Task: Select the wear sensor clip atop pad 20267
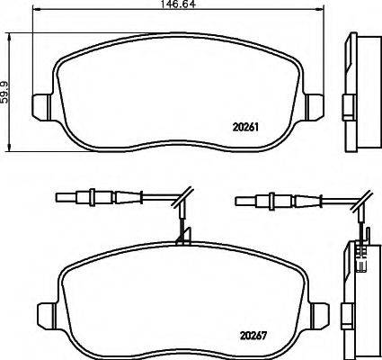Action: point(182,237)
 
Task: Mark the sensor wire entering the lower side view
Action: point(359,229)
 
